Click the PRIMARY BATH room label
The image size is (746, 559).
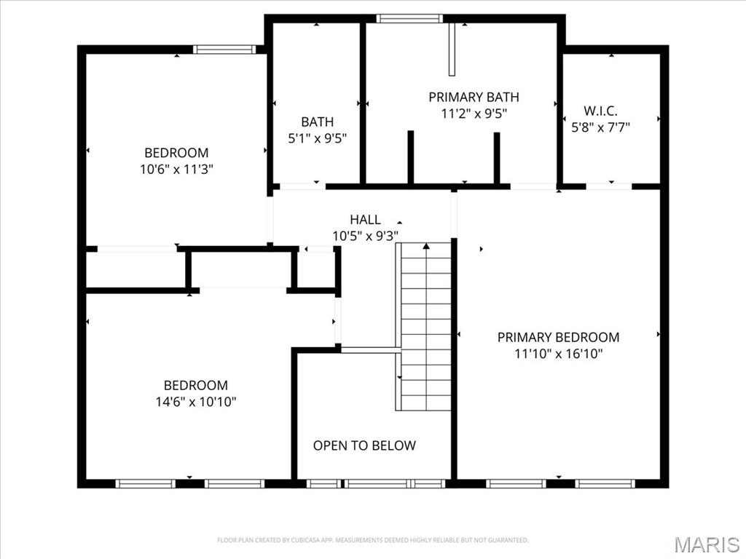[x=474, y=97]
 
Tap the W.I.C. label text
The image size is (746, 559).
[x=600, y=111]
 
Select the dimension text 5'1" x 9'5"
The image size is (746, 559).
[x=318, y=138]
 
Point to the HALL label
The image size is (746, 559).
[x=365, y=219]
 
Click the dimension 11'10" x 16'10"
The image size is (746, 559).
[x=558, y=354]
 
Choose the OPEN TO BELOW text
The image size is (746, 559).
[x=364, y=445]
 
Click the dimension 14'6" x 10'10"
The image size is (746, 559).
[x=195, y=401]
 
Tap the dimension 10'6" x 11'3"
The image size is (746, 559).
[x=176, y=169]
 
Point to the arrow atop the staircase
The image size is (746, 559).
[x=426, y=247]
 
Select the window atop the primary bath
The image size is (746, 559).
[x=409, y=18]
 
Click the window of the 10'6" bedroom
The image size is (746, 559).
[x=224, y=49]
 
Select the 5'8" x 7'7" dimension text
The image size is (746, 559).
[x=600, y=127]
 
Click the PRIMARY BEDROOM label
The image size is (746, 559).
[x=558, y=337]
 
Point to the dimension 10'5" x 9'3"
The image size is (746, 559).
[x=365, y=235]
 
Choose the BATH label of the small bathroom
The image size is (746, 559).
[x=318, y=122]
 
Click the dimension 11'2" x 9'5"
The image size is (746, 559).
[x=474, y=113]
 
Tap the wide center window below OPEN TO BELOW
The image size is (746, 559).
[x=377, y=483]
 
